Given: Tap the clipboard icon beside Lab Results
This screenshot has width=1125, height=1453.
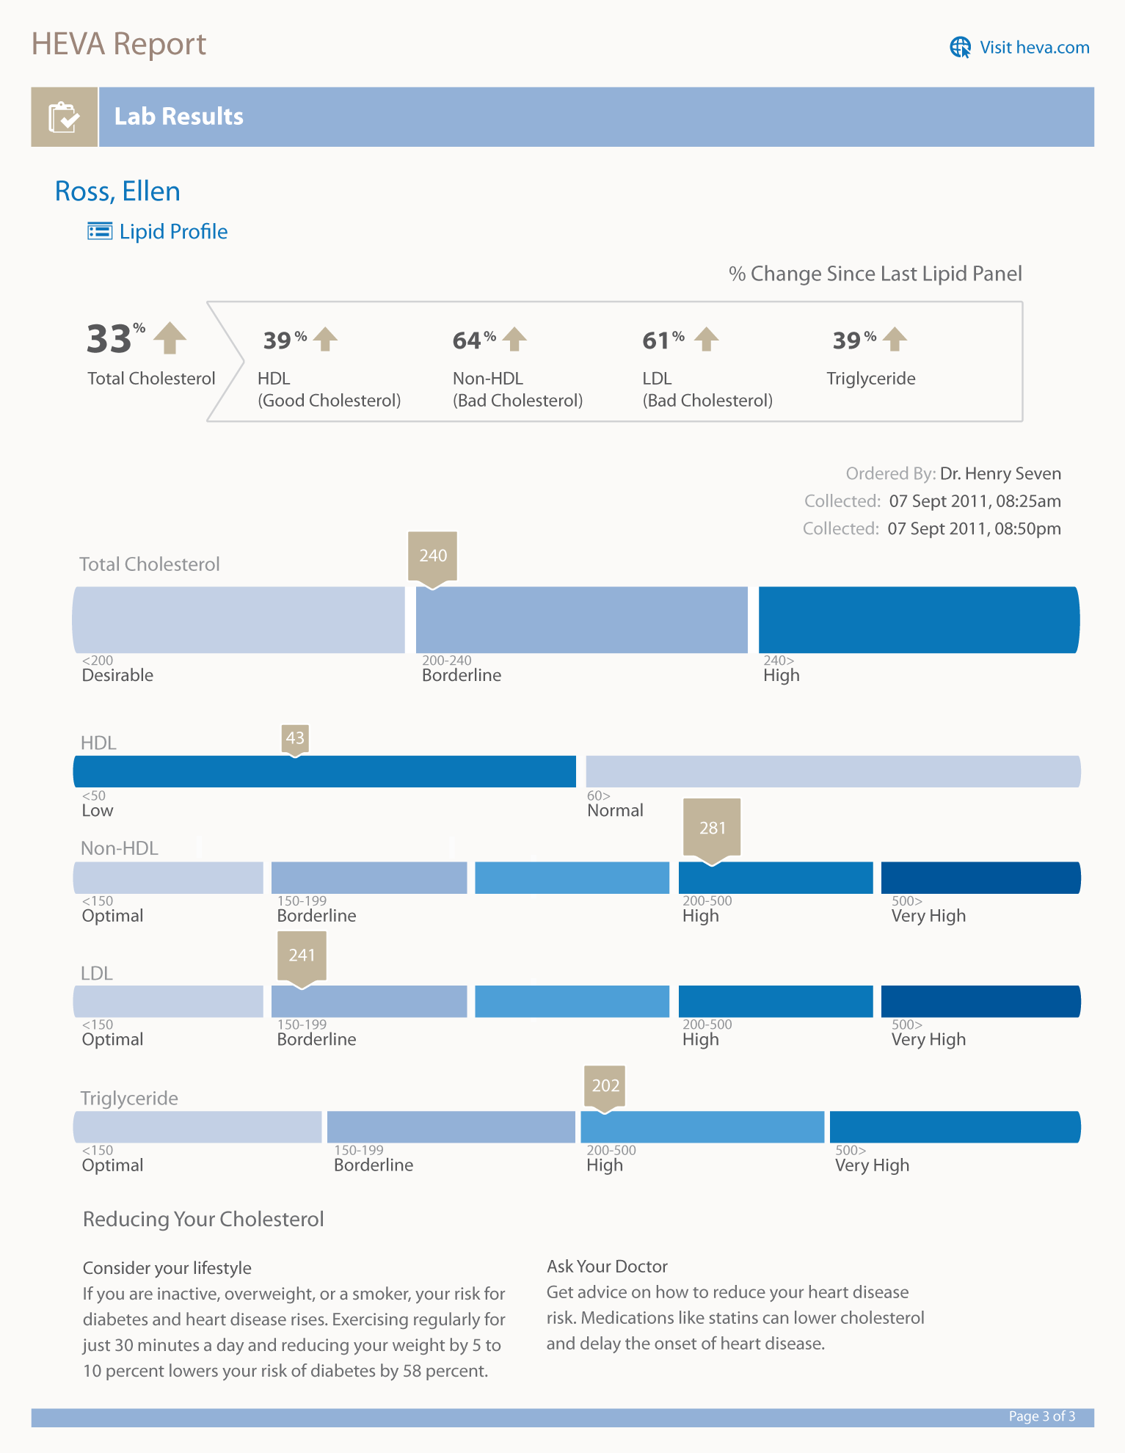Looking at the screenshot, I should (x=64, y=117).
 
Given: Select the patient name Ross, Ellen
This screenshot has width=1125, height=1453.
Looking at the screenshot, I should (x=117, y=192).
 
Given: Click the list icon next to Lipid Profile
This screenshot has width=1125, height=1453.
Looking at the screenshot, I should (x=100, y=231).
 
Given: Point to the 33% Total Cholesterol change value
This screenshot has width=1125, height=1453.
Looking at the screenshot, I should (x=110, y=339).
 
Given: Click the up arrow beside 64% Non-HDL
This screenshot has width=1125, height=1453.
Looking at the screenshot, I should (x=515, y=339).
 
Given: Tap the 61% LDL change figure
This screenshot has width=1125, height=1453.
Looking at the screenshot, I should (x=656, y=341).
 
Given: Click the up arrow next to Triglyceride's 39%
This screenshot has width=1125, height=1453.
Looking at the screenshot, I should (x=895, y=339).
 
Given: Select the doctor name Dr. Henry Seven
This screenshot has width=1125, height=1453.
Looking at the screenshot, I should (x=1000, y=474).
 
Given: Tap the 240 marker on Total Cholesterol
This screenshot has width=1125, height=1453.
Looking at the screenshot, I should (x=433, y=556).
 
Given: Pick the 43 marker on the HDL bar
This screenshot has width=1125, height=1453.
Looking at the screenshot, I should (x=295, y=738).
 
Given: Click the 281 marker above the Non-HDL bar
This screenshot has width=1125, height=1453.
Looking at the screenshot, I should (x=712, y=828).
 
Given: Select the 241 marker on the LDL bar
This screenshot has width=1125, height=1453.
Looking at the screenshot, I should (x=302, y=955).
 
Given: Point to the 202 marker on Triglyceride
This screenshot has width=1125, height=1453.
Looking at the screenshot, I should (x=605, y=1086).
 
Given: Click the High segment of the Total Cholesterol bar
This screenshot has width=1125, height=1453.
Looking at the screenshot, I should (x=918, y=620).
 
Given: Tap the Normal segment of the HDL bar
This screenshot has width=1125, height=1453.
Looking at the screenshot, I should (x=832, y=772).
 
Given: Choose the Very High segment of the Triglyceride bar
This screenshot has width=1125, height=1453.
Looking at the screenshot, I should (x=954, y=1127).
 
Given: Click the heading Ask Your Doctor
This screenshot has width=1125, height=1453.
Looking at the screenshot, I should (x=607, y=1267).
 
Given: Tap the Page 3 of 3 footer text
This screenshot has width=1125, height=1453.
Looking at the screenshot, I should (x=1041, y=1416).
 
